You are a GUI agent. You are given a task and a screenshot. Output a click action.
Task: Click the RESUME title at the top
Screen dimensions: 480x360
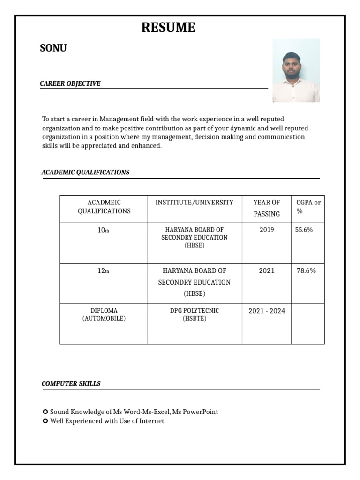point(168,28)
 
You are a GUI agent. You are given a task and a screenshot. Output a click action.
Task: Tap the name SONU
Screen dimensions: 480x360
point(53,48)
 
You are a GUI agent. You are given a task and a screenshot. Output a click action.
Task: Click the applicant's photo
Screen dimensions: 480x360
point(296,71)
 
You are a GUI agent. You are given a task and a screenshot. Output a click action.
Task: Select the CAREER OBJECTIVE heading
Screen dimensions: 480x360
point(70,83)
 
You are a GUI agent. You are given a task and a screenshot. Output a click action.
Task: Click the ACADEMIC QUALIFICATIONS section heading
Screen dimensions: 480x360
point(85,172)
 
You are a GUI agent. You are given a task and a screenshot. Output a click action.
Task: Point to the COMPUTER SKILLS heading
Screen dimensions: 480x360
point(71,383)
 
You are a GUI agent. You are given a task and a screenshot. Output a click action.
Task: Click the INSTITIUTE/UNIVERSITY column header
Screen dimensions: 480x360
point(194,202)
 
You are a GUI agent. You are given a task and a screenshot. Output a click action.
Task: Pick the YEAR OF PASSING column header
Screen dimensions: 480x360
point(267,208)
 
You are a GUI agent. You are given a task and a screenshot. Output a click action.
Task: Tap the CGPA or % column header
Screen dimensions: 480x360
point(308,207)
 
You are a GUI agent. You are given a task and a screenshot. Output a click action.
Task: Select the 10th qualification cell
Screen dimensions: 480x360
point(103,230)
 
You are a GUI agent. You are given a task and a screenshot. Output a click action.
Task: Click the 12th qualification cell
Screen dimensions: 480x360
point(103,271)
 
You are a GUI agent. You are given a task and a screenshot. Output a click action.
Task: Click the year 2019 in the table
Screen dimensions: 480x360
point(267,230)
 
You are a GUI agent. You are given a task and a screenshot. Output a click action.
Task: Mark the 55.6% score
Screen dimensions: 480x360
point(304,230)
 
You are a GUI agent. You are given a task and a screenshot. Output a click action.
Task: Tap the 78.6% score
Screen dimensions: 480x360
point(306,270)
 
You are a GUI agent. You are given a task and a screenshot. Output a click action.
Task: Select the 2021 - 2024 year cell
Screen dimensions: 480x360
point(267,311)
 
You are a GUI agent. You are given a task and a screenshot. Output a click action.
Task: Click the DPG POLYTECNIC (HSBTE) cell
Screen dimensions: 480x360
point(194,315)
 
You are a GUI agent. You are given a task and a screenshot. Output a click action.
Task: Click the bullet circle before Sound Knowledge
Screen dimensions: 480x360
point(45,412)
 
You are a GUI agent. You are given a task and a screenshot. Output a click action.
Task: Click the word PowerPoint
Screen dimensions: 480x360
point(200,412)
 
